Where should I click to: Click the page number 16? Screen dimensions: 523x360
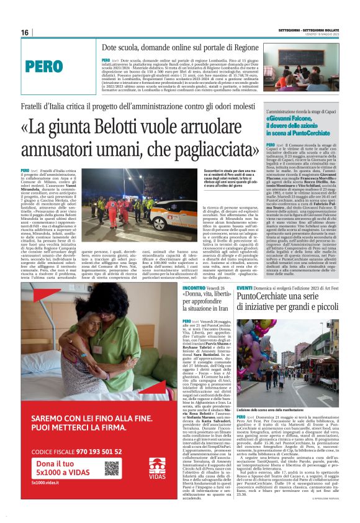[25, 32]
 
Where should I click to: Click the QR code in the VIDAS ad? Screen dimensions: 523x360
[128, 468]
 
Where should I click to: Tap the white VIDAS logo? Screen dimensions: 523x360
[157, 468]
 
